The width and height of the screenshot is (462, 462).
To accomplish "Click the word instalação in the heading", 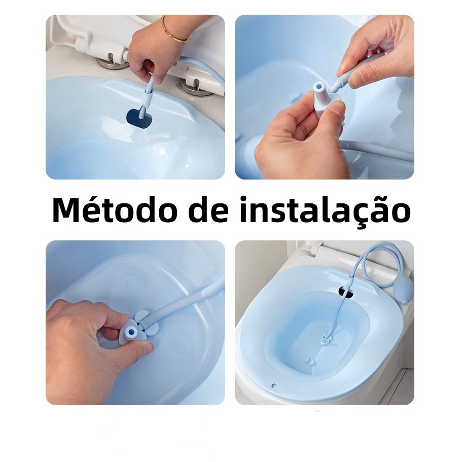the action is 325,210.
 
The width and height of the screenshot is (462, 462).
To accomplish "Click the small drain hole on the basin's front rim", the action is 274,385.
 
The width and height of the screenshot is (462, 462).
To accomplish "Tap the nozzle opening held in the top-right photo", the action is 318,87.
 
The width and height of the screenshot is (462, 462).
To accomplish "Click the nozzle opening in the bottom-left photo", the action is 131,332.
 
